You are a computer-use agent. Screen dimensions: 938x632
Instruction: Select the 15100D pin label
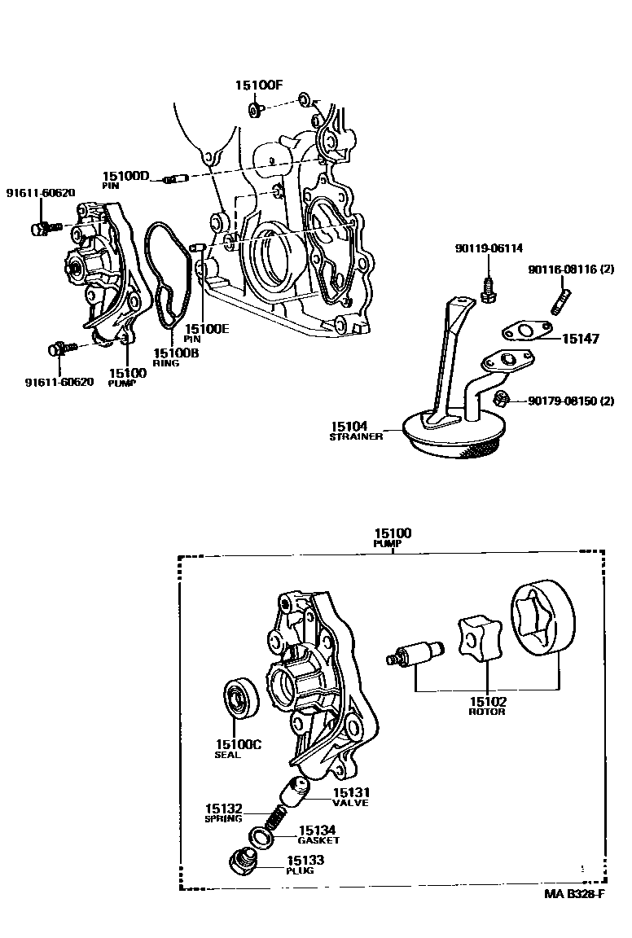pyautogui.click(x=126, y=176)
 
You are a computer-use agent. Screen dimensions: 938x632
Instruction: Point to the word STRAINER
pyautogui.click(x=356, y=437)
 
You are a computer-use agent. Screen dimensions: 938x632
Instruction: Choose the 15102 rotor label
pyautogui.click(x=487, y=700)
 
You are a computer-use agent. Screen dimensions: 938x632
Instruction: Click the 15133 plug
pyautogui.click(x=242, y=861)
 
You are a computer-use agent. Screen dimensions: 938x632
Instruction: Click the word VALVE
pyautogui.click(x=350, y=803)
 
